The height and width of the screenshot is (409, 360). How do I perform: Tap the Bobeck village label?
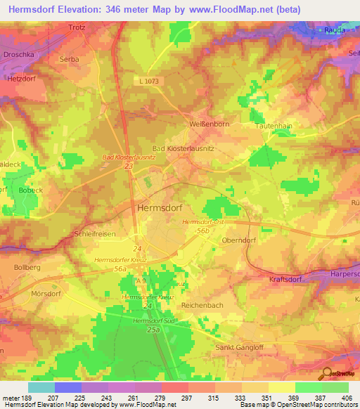tap(32, 190)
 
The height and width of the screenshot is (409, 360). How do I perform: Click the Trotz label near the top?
tap(77, 27)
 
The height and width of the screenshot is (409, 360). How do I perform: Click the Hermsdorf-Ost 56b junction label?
tap(202, 226)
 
